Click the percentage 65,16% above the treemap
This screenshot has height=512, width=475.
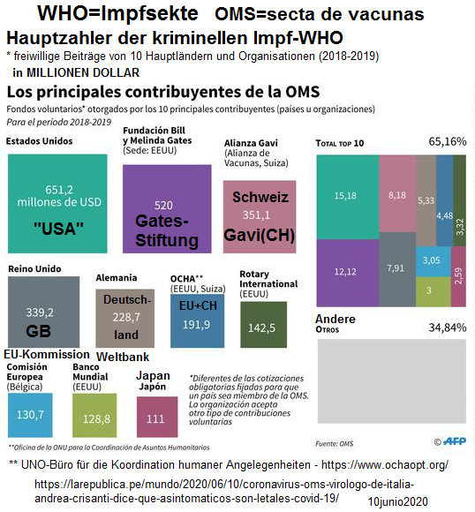[x=447, y=141]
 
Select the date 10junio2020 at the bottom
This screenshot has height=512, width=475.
[x=396, y=501]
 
